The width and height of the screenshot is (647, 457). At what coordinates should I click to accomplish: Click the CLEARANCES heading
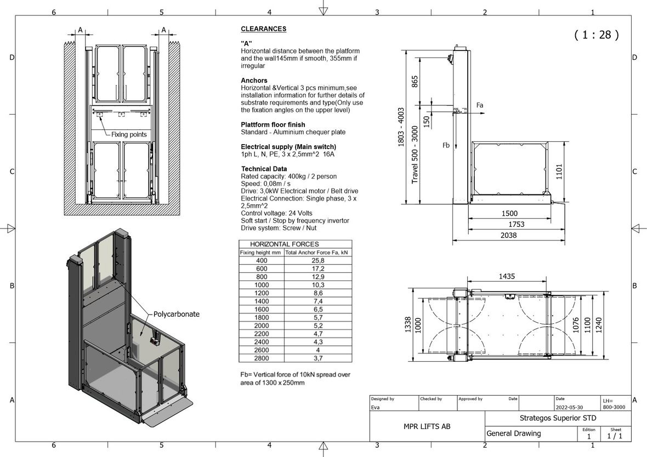(264, 29)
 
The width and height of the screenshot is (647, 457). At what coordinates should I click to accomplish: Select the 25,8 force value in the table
(317, 261)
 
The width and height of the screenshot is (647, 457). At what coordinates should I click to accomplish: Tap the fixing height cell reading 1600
(262, 310)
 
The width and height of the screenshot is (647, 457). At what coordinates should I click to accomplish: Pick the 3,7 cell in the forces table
(317, 358)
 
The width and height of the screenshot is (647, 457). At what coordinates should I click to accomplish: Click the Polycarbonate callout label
(177, 315)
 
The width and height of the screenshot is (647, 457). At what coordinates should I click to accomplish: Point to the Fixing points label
(129, 134)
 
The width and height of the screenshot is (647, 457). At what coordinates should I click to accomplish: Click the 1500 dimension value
(509, 214)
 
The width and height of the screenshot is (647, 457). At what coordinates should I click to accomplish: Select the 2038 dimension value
(508, 236)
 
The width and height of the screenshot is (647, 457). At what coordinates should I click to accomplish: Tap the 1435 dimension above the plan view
(507, 277)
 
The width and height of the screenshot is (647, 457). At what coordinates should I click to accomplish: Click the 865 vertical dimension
(415, 81)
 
